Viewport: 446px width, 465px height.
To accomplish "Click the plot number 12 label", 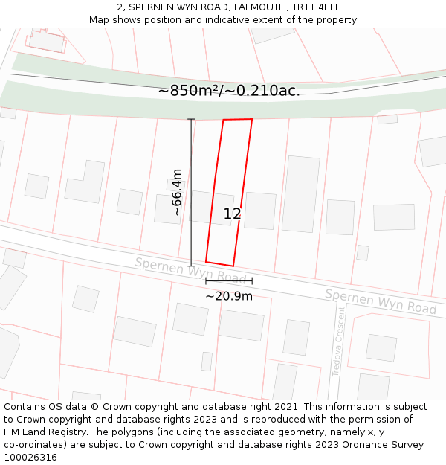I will coord(232,214).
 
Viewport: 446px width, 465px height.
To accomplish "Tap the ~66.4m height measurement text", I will coord(177,192).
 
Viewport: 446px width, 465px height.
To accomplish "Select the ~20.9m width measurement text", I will coord(229,296).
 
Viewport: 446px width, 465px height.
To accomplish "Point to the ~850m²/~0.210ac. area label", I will coord(229,91).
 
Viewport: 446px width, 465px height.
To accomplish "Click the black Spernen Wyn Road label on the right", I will coord(381,301).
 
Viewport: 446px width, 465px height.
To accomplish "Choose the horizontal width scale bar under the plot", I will coord(229,281).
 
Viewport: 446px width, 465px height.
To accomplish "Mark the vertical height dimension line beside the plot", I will coord(191,192).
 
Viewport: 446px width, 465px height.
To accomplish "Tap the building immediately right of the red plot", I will coord(260,211).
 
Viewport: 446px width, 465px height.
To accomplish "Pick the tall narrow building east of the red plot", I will coord(301,193).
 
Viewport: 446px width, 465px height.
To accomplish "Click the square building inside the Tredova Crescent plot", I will coord(381,347).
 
